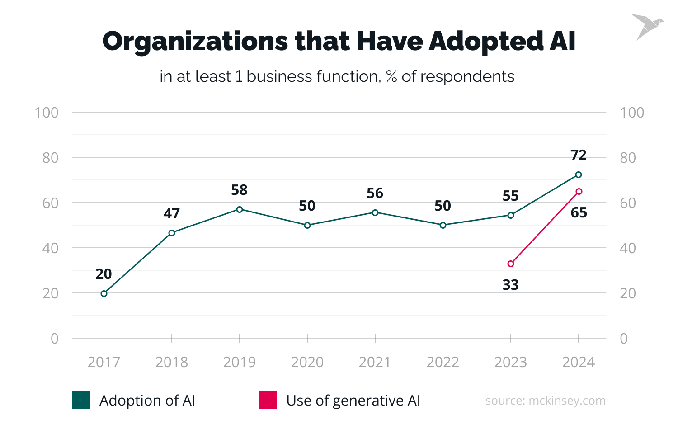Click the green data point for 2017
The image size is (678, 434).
pyautogui.click(x=104, y=293)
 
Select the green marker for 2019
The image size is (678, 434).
pyautogui.click(x=240, y=209)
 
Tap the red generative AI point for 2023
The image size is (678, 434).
pyautogui.click(x=511, y=264)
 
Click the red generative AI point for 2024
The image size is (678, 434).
pyautogui.click(x=579, y=191)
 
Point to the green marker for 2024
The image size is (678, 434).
pyautogui.click(x=579, y=175)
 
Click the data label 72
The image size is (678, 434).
pyautogui.click(x=579, y=155)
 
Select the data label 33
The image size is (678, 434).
pyautogui.click(x=511, y=285)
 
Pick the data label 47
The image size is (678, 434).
pyautogui.click(x=172, y=213)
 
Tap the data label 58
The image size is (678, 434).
pyautogui.click(x=240, y=190)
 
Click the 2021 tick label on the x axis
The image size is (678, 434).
pyautogui.click(x=375, y=362)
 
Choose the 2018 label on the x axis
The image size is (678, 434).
pyautogui.click(x=172, y=362)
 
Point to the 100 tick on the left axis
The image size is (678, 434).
pyautogui.click(x=47, y=113)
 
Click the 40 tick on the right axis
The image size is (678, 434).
pyautogui.click(x=628, y=248)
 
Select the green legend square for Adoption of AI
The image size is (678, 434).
pyautogui.click(x=81, y=400)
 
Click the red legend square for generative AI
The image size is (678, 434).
pyautogui.click(x=268, y=400)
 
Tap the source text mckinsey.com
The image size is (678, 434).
pyautogui.click(x=545, y=401)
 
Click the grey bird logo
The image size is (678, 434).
pyautogui.click(x=646, y=26)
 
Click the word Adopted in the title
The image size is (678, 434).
pyautogui.click(x=486, y=42)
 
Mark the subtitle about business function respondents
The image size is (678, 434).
pyautogui.click(x=337, y=76)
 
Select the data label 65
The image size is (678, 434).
pyautogui.click(x=579, y=212)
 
